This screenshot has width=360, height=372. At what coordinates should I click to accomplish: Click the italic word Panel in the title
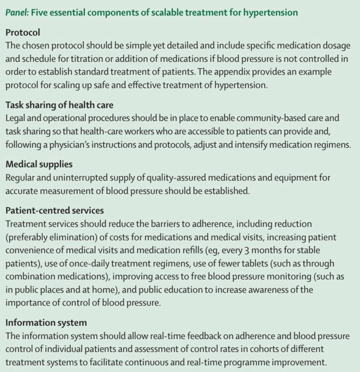(16, 12)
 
